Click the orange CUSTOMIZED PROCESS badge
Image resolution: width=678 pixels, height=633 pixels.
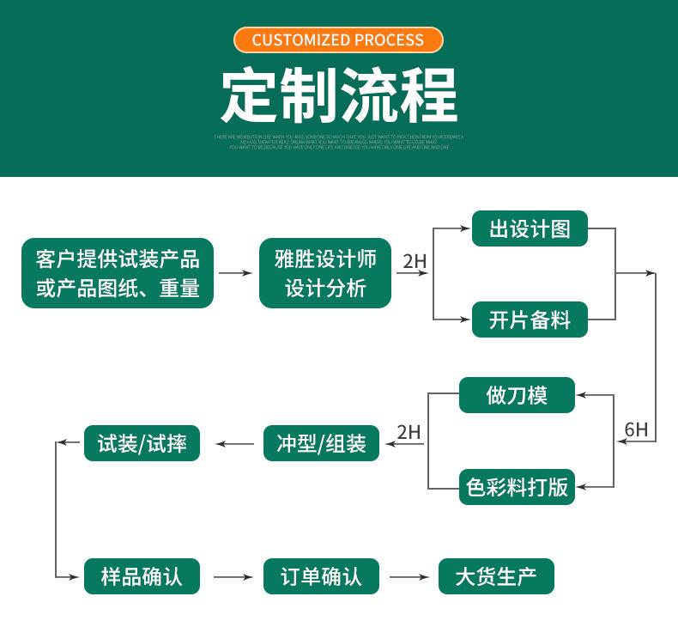click(338, 40)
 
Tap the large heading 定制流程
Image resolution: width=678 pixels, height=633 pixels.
click(338, 94)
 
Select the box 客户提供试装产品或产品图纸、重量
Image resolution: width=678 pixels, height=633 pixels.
click(118, 273)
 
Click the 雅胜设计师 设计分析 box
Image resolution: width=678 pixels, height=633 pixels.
click(325, 273)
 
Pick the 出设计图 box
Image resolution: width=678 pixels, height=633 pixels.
click(530, 228)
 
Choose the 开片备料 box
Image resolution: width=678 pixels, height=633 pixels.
click(530, 320)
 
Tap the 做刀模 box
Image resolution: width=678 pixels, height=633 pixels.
click(517, 395)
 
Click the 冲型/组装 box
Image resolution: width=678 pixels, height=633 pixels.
click(321, 443)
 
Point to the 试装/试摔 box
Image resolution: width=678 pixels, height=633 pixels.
click(142, 443)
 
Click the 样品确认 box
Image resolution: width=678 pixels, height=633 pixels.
click(142, 576)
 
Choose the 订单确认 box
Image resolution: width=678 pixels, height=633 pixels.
click(321, 576)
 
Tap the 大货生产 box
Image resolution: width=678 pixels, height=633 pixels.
click(496, 576)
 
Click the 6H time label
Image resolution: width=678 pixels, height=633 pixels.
click(636, 429)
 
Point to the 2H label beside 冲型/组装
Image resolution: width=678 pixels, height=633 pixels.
click(409, 432)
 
